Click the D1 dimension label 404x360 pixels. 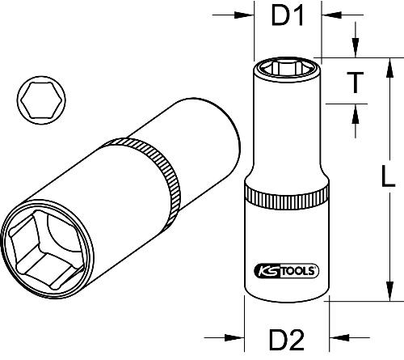coord(287,17)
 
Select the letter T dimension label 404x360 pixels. coord(353,80)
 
